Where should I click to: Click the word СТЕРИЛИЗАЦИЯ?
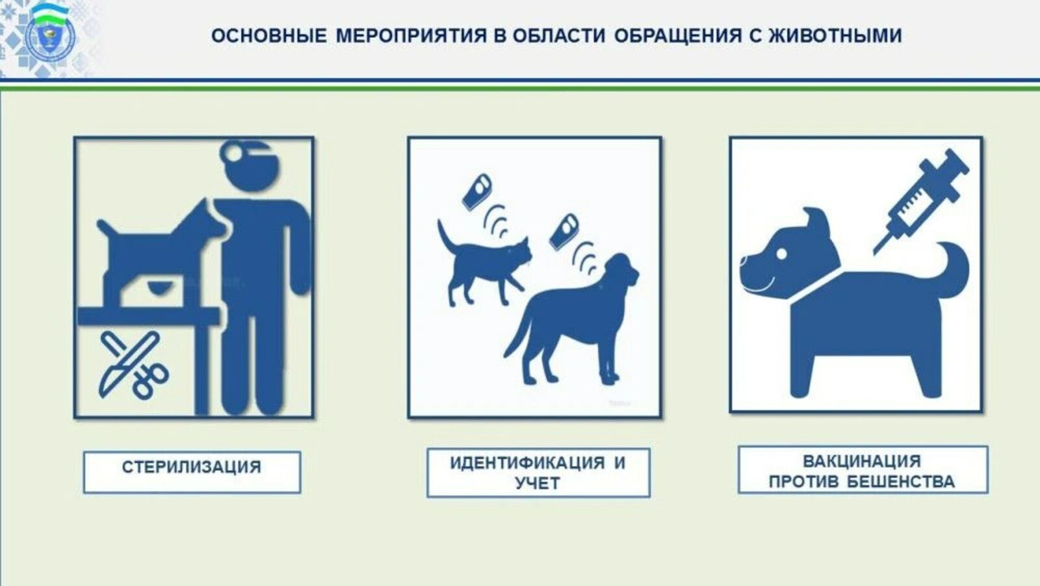(x=192, y=467)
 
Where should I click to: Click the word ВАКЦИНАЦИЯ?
(x=862, y=461)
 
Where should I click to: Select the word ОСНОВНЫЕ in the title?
(x=269, y=36)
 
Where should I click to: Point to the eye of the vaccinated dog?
(x=782, y=252)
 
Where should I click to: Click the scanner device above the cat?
(x=478, y=190)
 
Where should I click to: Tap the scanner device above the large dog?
(x=563, y=231)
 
